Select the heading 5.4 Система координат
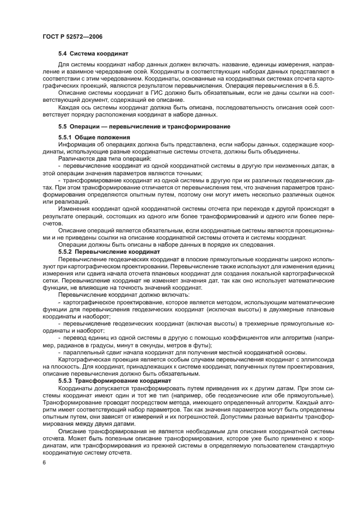click(93, 55)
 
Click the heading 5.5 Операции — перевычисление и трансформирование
click(133, 126)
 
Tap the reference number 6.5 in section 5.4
click(314, 86)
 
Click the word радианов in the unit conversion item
click(76, 345)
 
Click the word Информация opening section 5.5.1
click(75, 144)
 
